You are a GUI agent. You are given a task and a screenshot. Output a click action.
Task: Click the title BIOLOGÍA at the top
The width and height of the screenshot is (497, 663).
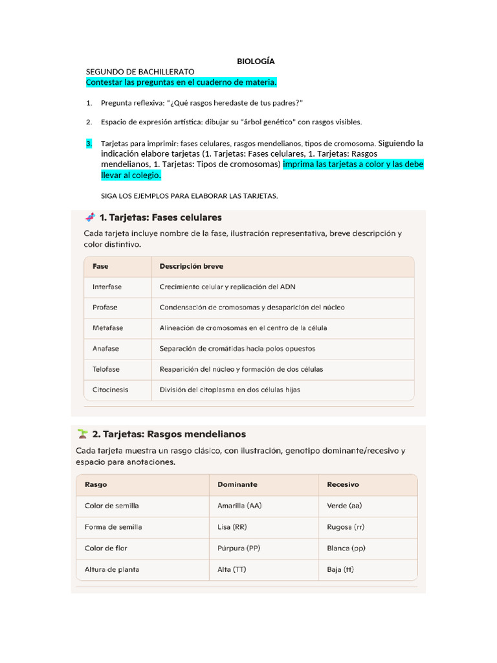click(256, 61)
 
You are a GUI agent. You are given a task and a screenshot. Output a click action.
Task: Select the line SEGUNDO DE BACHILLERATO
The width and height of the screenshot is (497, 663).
click(140, 71)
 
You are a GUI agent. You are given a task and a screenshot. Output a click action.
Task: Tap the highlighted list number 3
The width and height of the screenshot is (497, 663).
click(89, 143)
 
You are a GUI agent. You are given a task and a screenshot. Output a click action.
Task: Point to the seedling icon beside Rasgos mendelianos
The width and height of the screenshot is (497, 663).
click(82, 433)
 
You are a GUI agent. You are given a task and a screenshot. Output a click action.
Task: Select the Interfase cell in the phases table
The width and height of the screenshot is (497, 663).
click(107, 286)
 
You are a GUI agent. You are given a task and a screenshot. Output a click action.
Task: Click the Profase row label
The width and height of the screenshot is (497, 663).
click(105, 307)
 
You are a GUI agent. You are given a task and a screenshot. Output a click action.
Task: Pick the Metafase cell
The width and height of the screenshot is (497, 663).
click(107, 328)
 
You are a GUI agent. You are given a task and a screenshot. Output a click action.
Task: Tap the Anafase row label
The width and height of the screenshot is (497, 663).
click(105, 348)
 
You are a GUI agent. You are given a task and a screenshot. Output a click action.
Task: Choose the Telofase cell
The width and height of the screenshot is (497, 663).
click(106, 369)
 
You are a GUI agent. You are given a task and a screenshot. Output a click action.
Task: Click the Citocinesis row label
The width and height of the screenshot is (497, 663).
click(110, 390)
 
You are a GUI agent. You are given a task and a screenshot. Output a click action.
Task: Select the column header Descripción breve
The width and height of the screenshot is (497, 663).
click(192, 266)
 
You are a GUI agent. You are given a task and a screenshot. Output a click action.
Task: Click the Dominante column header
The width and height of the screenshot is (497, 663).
click(237, 484)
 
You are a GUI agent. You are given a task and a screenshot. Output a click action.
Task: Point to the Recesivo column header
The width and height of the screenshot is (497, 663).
click(343, 484)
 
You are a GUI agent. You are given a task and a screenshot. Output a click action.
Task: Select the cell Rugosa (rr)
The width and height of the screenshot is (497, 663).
click(345, 527)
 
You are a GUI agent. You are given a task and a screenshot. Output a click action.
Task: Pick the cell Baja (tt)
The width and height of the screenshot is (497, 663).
click(340, 570)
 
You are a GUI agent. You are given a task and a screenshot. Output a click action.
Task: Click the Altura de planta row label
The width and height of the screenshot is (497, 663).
click(112, 570)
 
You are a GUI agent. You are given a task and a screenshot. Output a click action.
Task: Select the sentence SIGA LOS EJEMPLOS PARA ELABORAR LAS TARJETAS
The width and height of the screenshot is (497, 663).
click(190, 196)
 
